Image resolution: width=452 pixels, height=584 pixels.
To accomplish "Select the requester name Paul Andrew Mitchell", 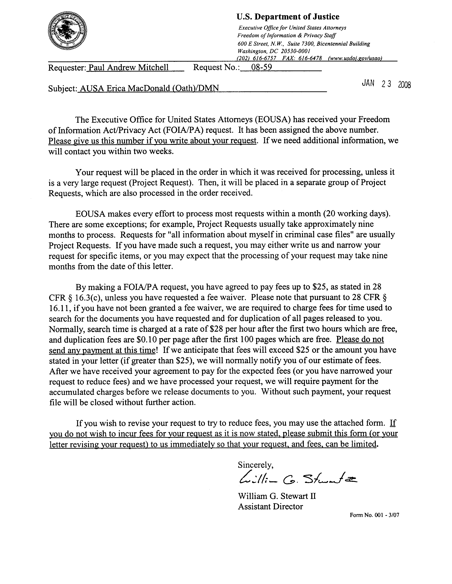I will [x=129, y=68].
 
